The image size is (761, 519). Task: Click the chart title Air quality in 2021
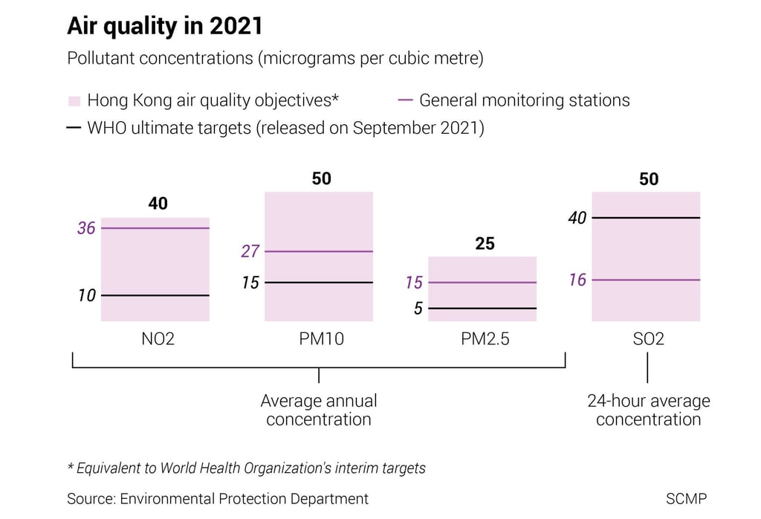pos(165,26)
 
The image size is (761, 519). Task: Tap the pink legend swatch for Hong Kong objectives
pos(74,100)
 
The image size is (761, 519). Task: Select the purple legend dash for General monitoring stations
pos(406,100)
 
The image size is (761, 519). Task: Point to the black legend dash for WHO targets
pos(74,128)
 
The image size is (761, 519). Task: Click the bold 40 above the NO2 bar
pos(158,203)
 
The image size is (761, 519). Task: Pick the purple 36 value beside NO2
pos(86,228)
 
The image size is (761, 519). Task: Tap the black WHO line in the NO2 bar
pos(155,295)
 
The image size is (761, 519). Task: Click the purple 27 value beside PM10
pos(250,251)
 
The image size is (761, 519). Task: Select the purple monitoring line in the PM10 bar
pos(319,251)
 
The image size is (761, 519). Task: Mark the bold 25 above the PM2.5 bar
pos(485,243)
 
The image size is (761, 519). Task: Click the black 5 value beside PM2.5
pos(418,309)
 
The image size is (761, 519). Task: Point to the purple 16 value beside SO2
pos(577,280)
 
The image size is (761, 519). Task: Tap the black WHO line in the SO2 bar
pos(646,218)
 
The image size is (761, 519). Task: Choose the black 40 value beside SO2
pos(577,218)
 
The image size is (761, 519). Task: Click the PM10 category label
pos(319,340)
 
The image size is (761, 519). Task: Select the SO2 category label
pos(648,340)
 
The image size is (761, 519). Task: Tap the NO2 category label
pos(158,340)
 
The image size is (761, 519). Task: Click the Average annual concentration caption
pos(319,410)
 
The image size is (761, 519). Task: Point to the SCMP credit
pos(687,499)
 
